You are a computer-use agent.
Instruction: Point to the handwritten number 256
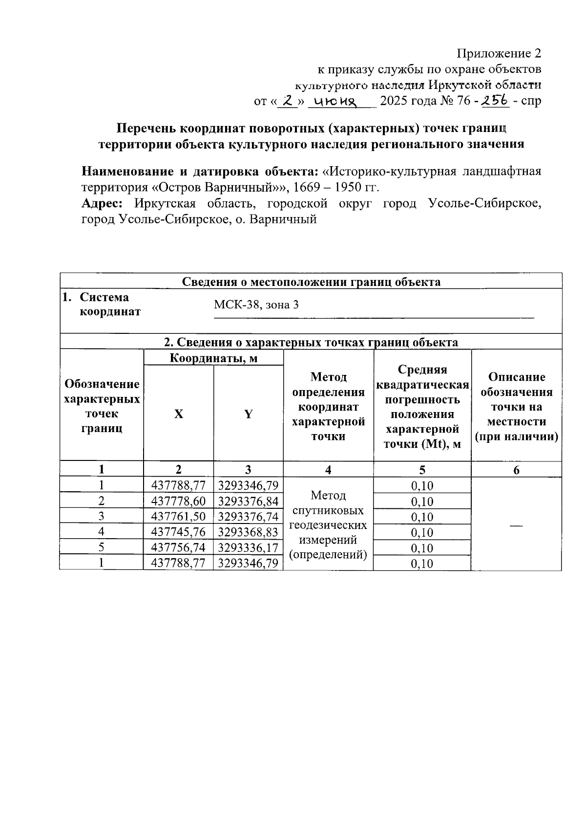[495, 100]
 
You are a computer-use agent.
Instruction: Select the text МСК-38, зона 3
[256, 305]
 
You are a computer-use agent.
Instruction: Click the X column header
[179, 414]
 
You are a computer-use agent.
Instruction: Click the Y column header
[248, 414]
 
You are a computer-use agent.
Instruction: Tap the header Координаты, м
[213, 358]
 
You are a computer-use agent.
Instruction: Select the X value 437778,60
[178, 501]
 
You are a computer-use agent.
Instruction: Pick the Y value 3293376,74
[248, 517]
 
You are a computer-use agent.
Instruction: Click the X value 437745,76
[178, 532]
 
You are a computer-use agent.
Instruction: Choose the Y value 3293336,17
[248, 547]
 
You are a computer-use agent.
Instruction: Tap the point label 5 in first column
[101, 547]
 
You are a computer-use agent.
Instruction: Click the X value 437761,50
[178, 517]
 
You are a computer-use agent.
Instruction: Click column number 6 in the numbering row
[516, 470]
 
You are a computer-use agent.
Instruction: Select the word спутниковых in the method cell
[328, 511]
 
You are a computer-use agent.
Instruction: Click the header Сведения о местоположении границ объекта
[311, 282]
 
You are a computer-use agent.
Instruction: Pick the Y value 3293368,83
[248, 532]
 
